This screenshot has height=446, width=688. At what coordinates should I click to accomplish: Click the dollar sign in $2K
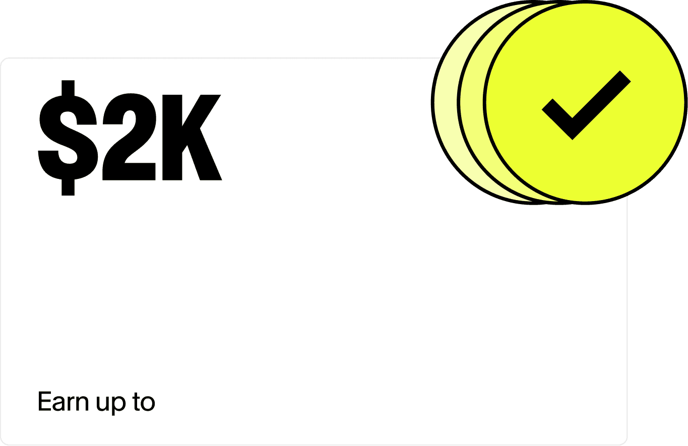68,137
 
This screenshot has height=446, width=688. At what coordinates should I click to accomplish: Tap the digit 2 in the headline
129,137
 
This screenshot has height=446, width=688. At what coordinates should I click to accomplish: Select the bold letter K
192,137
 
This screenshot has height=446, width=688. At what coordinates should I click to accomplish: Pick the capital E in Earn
45,402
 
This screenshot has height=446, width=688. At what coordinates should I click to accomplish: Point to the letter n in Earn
82,403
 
